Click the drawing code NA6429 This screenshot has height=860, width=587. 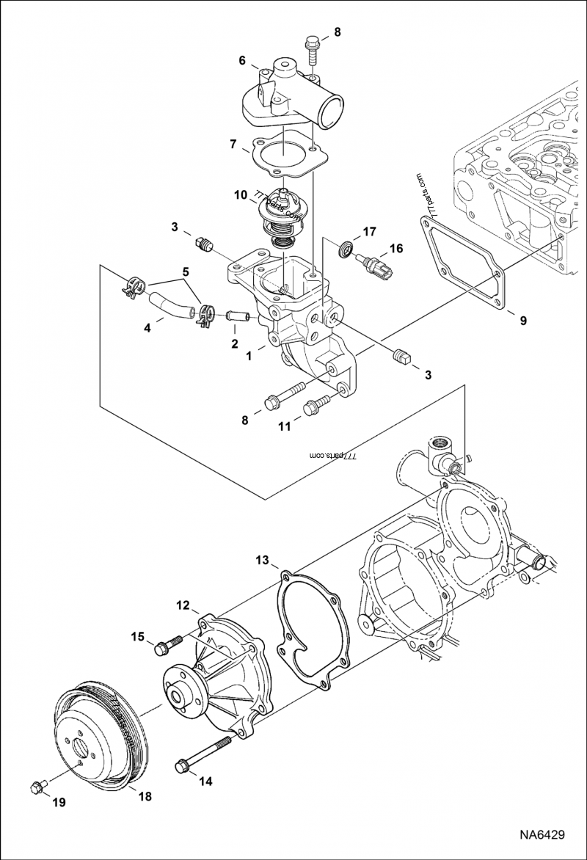[543, 835]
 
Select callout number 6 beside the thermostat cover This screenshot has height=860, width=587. [241, 62]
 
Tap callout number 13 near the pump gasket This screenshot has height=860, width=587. [262, 561]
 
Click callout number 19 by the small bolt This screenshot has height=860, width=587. [58, 802]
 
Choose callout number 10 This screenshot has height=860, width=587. [241, 195]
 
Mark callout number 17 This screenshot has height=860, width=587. [369, 232]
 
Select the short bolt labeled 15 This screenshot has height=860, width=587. [167, 646]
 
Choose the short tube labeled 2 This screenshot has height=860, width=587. [238, 316]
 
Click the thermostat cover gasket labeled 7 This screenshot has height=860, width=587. [282, 157]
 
